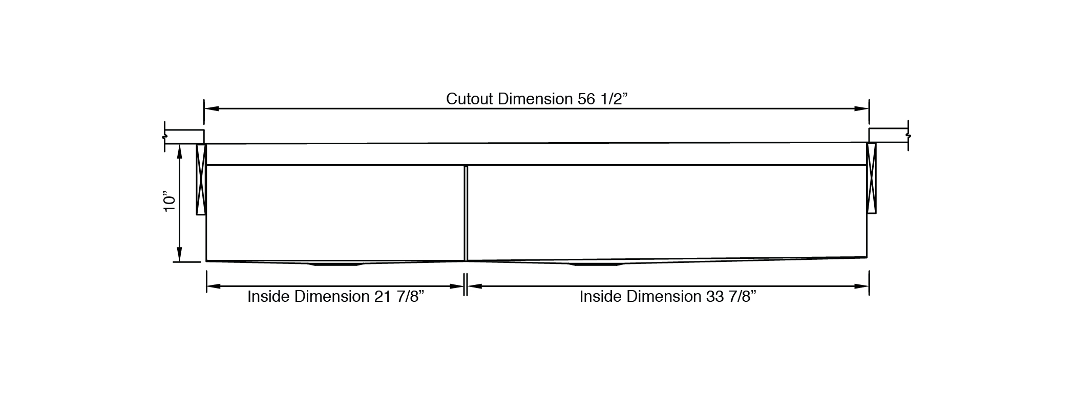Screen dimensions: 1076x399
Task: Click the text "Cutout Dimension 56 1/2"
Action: (x=537, y=99)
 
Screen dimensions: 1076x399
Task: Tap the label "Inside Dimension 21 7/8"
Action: (x=336, y=297)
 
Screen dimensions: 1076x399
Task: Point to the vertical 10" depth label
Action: (x=170, y=202)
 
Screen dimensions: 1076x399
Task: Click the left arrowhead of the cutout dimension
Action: (x=212, y=109)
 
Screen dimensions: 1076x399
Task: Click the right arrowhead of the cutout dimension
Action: (x=861, y=109)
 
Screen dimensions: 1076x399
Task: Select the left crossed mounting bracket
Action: (x=201, y=179)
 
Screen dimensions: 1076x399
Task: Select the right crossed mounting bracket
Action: (x=871, y=178)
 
